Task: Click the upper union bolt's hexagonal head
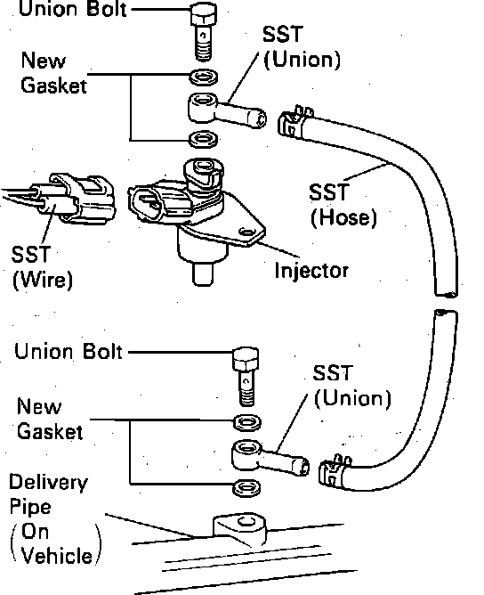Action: click(x=204, y=14)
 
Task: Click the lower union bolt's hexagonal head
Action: click(x=246, y=359)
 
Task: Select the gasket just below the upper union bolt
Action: click(x=204, y=77)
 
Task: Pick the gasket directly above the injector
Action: click(x=204, y=139)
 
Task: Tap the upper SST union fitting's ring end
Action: click(x=203, y=107)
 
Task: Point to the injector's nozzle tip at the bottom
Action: click(x=203, y=273)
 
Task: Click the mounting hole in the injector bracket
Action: click(x=246, y=232)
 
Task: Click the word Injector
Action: click(x=311, y=271)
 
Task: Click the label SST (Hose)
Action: click(x=343, y=205)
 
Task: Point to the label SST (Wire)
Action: click(x=42, y=267)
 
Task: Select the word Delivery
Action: click(x=48, y=483)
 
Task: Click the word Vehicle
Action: click(x=57, y=556)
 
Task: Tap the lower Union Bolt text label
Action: click(x=69, y=351)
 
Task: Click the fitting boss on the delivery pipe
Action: click(x=239, y=529)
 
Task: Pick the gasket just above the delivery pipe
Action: click(x=246, y=487)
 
